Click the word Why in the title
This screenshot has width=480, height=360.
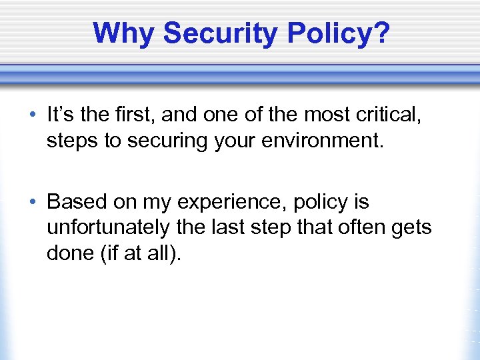point(124,33)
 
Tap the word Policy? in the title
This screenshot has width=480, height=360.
point(333,33)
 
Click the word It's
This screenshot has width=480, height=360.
point(61,115)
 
